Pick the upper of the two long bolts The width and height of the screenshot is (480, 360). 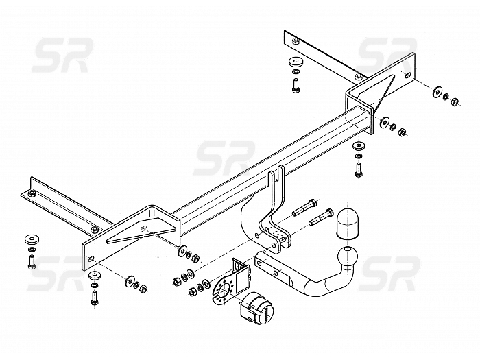click(x=305, y=207)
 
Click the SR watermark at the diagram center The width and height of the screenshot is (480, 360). click(x=224, y=158)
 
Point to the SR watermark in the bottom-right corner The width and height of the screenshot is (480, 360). click(x=389, y=274)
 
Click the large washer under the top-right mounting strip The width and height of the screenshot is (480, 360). click(x=296, y=62)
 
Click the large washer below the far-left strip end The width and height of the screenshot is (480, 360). click(x=32, y=239)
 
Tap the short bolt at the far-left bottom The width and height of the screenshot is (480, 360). click(x=32, y=262)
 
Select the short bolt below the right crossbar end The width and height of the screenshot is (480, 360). click(x=358, y=169)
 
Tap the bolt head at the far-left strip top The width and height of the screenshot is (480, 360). click(x=32, y=193)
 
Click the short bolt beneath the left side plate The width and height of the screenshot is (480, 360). click(x=95, y=298)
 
